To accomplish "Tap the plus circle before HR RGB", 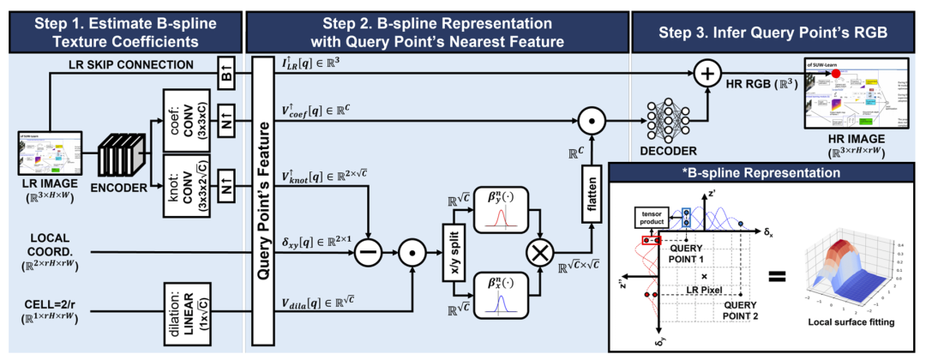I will click(708, 74).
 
